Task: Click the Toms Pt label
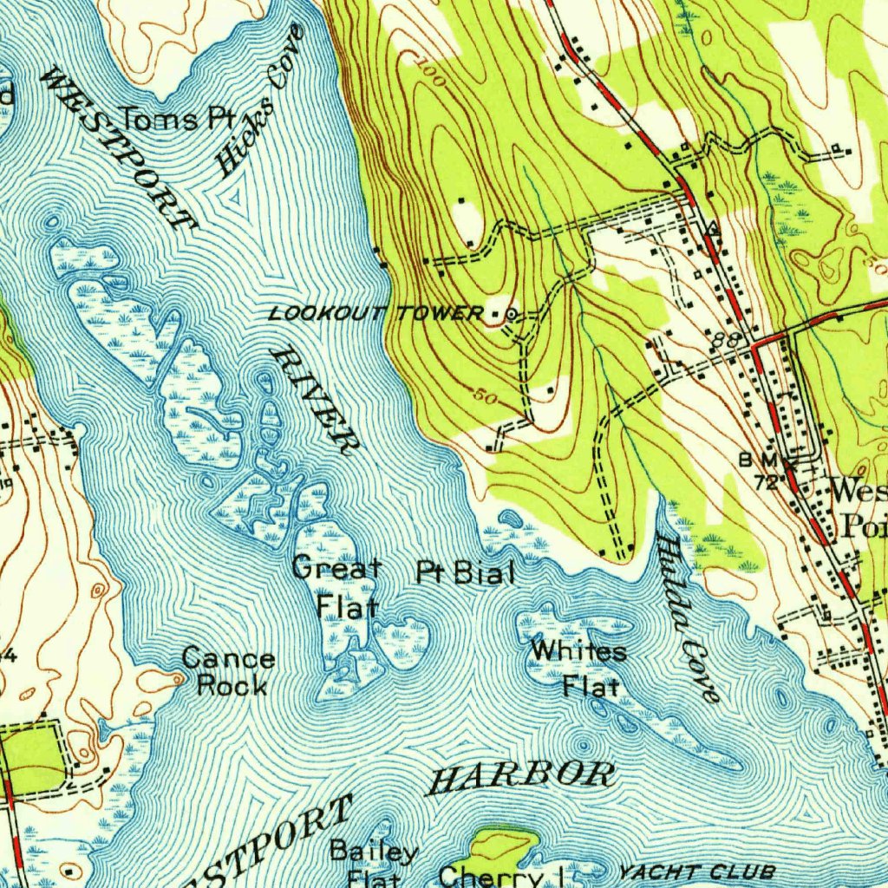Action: point(171,119)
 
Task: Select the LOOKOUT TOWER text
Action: point(375,313)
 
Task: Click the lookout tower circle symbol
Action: point(512,314)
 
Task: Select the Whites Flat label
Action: point(578,668)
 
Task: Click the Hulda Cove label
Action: point(689,617)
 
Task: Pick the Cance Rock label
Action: point(229,672)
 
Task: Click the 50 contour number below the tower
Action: point(486,396)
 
